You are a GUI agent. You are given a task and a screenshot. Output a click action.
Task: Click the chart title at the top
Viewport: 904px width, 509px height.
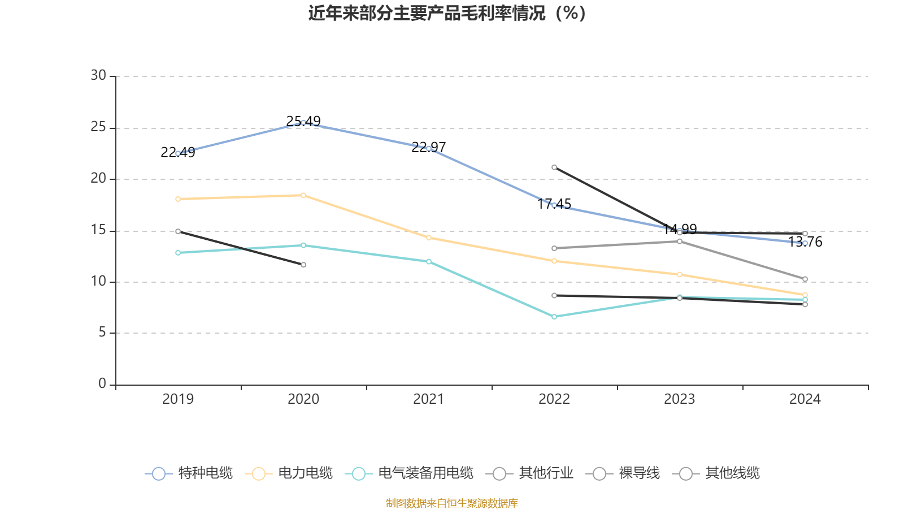tap(447, 13)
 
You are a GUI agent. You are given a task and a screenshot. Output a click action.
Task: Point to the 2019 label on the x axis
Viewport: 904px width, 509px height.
tap(178, 399)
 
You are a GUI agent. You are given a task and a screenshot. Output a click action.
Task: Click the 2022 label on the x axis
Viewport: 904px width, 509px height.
tap(554, 399)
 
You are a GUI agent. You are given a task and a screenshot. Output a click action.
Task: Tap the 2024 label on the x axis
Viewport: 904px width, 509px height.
tap(805, 399)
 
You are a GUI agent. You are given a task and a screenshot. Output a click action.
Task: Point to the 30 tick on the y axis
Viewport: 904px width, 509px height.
tap(98, 76)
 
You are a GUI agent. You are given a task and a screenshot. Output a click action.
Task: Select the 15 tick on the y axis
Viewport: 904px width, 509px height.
tap(98, 230)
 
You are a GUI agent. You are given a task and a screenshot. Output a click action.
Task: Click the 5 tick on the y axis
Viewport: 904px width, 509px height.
tap(102, 333)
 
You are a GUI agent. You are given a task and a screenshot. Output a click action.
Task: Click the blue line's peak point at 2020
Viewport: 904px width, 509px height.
tap(303, 123)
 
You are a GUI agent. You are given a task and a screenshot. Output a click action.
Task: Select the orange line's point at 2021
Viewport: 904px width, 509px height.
tap(429, 238)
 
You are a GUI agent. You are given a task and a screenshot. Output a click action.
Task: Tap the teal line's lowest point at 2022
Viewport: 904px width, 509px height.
tap(554, 317)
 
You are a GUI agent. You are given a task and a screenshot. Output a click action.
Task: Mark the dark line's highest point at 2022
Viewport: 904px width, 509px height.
tap(554, 167)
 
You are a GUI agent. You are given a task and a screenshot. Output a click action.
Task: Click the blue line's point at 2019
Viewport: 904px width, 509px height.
tap(178, 153)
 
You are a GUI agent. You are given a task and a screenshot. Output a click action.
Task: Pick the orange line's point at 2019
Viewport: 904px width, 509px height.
tap(178, 199)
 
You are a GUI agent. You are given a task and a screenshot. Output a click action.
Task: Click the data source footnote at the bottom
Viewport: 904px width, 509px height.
tap(452, 503)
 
